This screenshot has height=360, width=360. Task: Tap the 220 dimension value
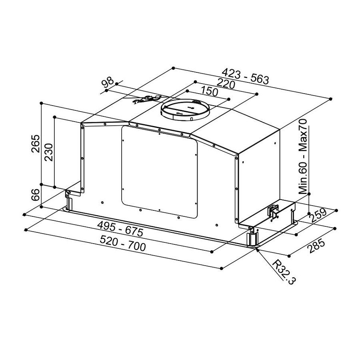(226, 84)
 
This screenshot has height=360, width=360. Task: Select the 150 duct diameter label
(209, 91)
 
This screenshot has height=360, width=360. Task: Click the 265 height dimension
(36, 144)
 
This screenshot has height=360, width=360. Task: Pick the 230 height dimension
(49, 152)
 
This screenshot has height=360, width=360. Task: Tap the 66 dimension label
(36, 195)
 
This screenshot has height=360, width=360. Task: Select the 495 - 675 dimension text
(120, 229)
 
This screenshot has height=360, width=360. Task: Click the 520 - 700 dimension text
(123, 243)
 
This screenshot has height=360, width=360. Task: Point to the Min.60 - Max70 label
(303, 156)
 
